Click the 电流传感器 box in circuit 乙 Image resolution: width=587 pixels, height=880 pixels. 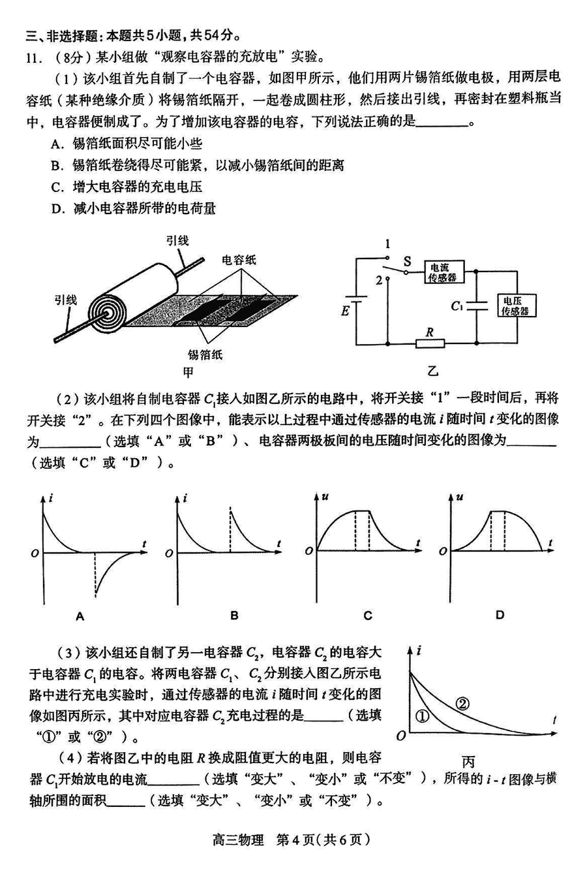click(x=443, y=272)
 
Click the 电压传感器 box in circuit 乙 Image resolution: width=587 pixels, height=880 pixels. click(x=515, y=305)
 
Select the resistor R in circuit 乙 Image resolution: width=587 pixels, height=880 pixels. click(x=429, y=343)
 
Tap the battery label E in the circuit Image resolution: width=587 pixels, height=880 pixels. click(x=345, y=311)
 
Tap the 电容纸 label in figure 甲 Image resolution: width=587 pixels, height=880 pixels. click(x=239, y=259)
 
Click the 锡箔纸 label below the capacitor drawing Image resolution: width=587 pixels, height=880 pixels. click(x=205, y=354)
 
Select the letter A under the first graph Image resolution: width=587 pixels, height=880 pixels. click(x=80, y=615)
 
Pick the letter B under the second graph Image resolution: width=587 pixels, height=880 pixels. click(x=234, y=615)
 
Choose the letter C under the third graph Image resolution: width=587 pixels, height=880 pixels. click(x=368, y=615)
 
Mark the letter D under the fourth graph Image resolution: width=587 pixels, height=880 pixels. click(x=500, y=615)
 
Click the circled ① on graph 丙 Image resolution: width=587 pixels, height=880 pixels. click(x=421, y=716)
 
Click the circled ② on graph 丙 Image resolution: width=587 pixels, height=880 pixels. click(x=462, y=704)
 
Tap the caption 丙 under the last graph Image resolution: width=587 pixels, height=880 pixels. click(x=468, y=761)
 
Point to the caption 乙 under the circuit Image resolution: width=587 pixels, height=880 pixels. click(x=433, y=372)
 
